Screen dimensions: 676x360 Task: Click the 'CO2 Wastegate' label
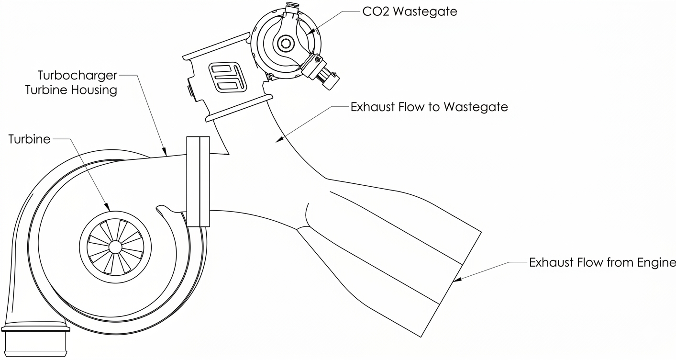tap(410, 11)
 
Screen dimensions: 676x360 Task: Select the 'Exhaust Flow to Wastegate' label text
tap(429, 107)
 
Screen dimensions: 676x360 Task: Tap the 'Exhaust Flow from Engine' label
tap(602, 262)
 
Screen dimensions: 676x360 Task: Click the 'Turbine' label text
tap(29, 139)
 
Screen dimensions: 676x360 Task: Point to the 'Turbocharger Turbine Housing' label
tap(71, 82)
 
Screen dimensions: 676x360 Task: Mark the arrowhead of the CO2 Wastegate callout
tap(311, 32)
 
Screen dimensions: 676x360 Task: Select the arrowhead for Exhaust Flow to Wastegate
tap(280, 140)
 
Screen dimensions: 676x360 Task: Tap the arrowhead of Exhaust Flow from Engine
tap(457, 280)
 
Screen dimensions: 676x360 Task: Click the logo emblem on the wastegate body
tap(228, 78)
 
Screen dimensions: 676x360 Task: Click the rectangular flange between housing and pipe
tap(198, 181)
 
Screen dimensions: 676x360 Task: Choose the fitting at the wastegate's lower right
tap(321, 72)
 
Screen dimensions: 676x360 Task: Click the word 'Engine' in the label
tap(656, 263)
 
